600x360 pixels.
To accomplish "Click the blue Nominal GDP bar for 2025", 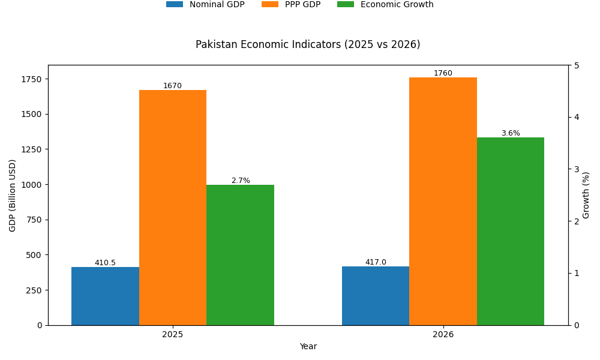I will [105, 296].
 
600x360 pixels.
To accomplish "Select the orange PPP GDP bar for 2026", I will [443, 201].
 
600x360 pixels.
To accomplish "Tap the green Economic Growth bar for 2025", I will [240, 255].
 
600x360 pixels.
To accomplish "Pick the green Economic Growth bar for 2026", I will [511, 231].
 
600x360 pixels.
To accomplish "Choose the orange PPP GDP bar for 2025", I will [173, 208].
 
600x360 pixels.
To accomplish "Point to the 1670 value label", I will [172, 86].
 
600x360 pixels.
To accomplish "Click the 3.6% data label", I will [511, 133].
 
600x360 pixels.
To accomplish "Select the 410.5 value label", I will [105, 263].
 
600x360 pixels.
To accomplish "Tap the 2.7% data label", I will [241, 181].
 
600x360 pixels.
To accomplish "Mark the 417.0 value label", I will [376, 262].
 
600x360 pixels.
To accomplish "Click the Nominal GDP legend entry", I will [205, 5].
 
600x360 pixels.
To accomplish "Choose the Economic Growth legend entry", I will [385, 5].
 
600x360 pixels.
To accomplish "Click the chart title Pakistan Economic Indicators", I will [308, 44].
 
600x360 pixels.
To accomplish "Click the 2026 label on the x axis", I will [443, 334].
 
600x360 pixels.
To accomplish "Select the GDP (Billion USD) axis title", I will [13, 195].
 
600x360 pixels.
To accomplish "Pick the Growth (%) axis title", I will [586, 195].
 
